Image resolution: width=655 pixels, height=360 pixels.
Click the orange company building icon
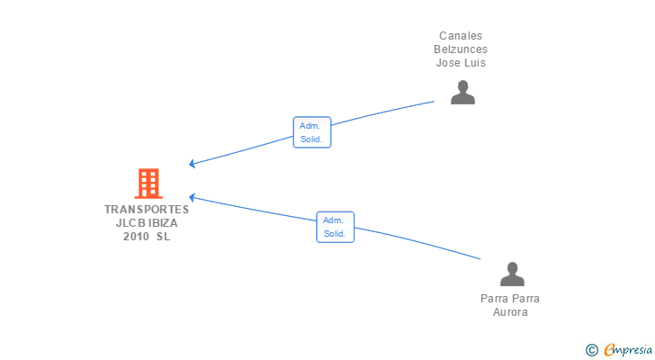148,184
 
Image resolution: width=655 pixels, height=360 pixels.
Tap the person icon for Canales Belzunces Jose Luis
462,92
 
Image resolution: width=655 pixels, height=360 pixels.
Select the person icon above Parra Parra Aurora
512,274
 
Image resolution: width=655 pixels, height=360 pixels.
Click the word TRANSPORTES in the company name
147,209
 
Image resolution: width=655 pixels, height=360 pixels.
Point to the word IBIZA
163,223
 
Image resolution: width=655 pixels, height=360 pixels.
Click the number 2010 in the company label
136,237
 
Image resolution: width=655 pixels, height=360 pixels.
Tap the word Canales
461,36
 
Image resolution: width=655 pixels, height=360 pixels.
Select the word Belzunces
461,49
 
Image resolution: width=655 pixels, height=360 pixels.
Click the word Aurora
510,312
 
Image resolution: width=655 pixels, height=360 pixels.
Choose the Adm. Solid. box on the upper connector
312,132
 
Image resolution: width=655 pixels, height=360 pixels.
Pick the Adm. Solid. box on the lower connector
336,227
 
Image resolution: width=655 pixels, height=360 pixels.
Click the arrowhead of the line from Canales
193,164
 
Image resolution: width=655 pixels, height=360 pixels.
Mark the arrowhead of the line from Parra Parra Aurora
193,197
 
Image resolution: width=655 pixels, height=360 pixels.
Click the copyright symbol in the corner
591,350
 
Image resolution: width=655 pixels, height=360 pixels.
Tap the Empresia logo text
628,350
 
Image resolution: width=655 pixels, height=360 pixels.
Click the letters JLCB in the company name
130,223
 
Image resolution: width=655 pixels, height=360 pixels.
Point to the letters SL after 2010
164,237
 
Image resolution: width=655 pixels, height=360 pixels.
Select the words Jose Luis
461,63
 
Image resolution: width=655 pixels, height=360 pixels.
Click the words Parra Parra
510,299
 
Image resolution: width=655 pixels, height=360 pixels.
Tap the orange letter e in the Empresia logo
610,350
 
